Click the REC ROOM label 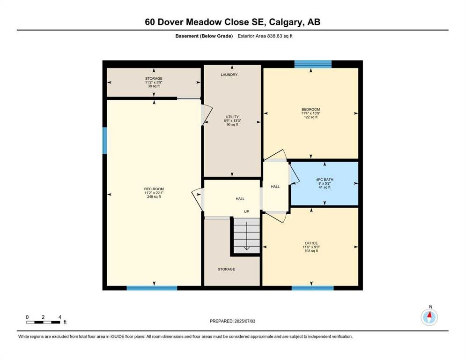(x=154, y=189)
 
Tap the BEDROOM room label (x=311, y=109)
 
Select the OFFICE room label (x=311, y=243)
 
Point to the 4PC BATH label (x=325, y=180)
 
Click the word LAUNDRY (x=229, y=75)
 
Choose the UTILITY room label (x=232, y=117)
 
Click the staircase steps (x=247, y=235)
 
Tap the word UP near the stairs (x=246, y=211)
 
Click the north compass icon (x=429, y=317)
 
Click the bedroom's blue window (x=313, y=64)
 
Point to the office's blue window (x=312, y=288)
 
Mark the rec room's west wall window (x=105, y=141)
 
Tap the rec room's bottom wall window (x=152, y=288)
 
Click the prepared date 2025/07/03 (x=244, y=321)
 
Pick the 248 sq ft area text (x=154, y=196)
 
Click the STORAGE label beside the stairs (x=226, y=269)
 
